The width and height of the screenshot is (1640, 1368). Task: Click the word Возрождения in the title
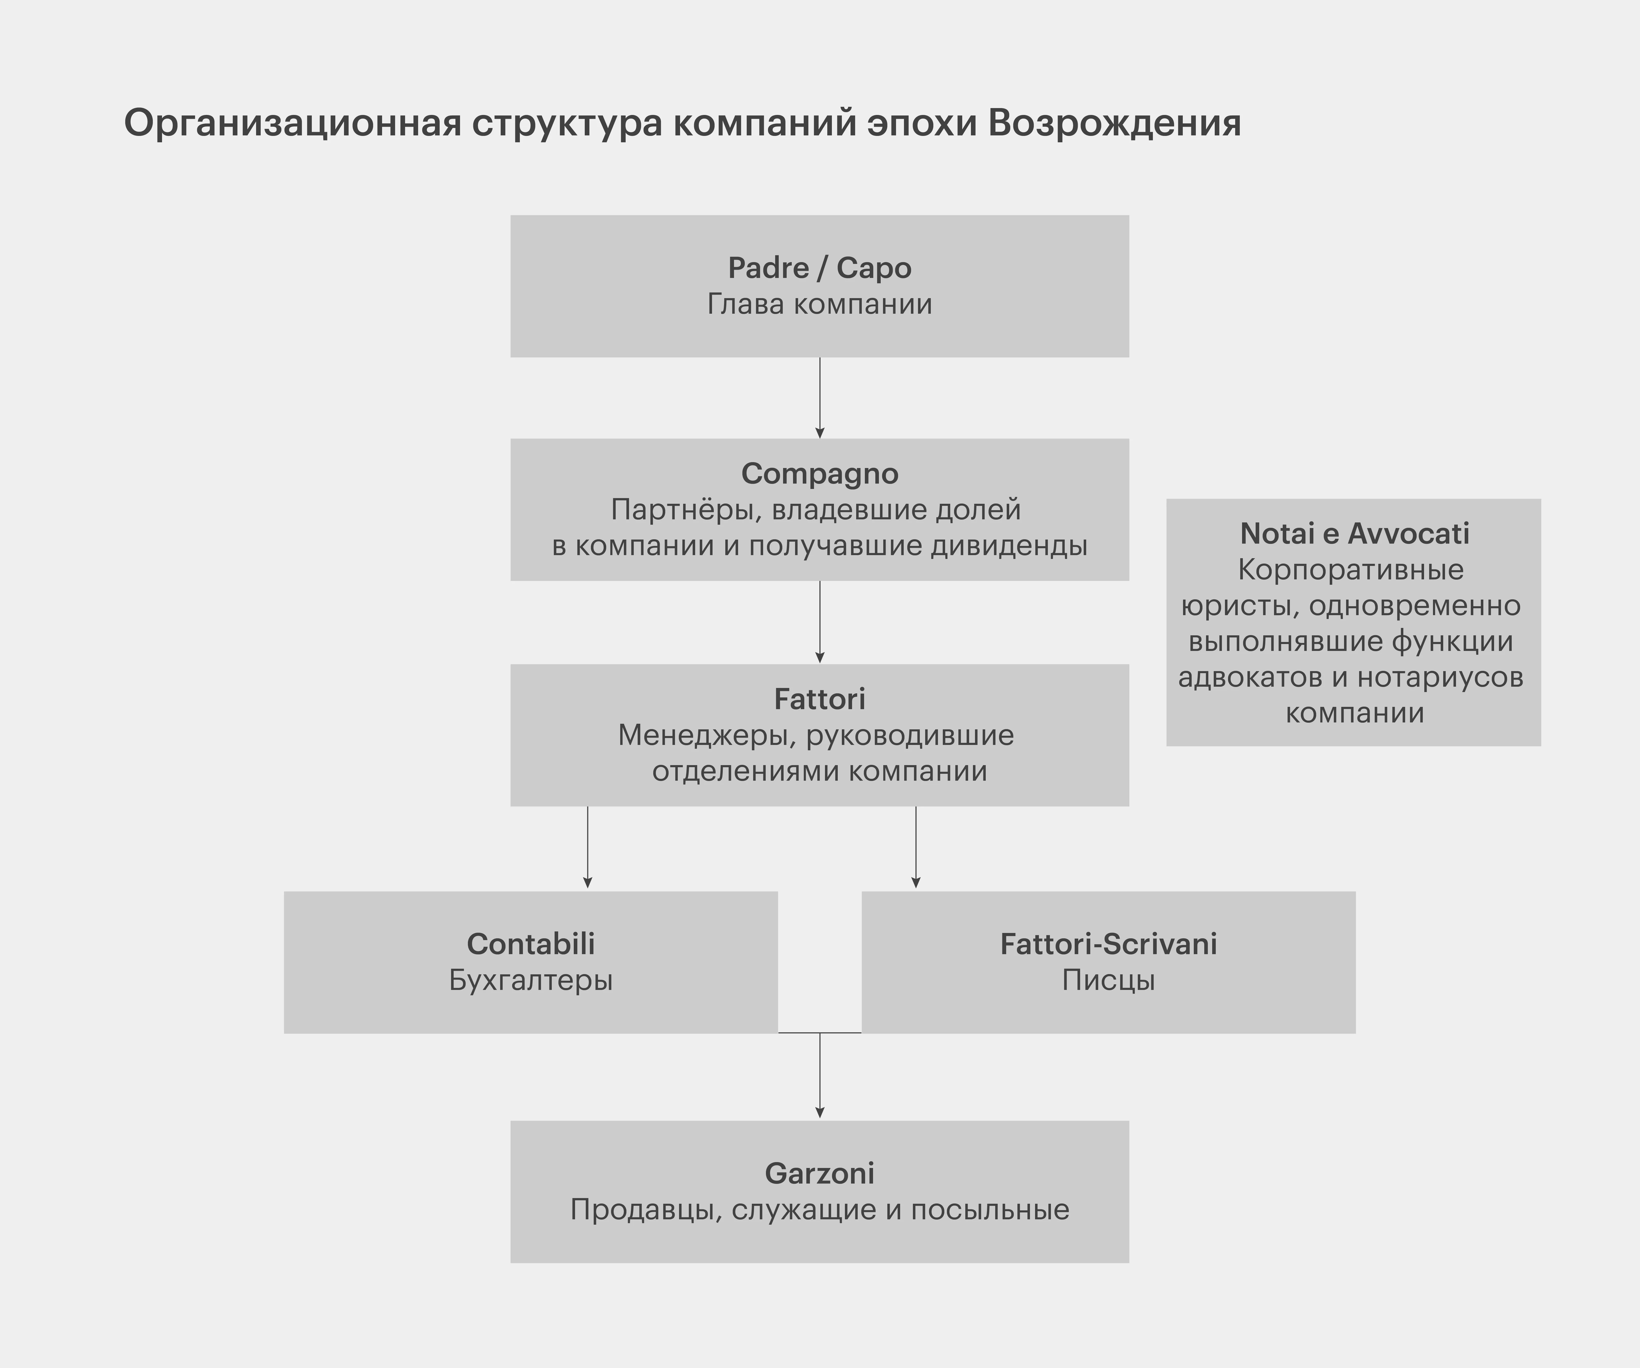click(1115, 123)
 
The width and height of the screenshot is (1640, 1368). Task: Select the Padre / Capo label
click(819, 268)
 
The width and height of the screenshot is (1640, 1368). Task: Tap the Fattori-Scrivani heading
click(1108, 944)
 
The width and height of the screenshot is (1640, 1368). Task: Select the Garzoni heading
click(819, 1174)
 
